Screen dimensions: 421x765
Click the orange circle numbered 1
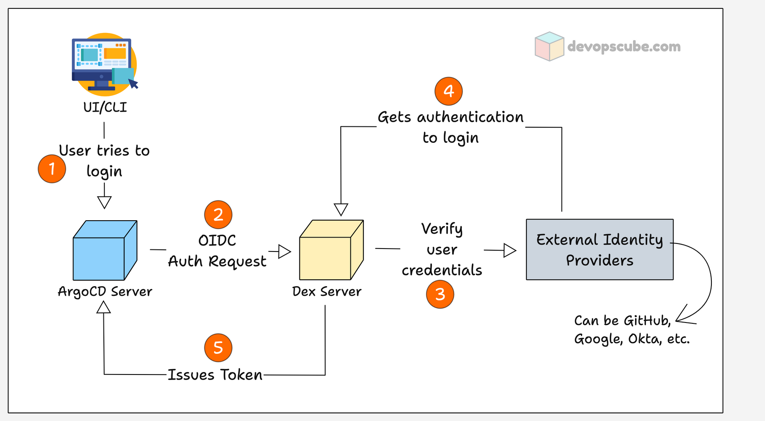(x=52, y=169)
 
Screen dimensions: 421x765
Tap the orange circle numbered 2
(x=218, y=215)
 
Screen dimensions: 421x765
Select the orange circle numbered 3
(x=440, y=294)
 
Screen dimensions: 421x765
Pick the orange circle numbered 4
(x=449, y=91)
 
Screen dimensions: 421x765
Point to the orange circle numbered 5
(x=218, y=348)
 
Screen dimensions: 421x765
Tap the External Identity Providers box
(x=600, y=249)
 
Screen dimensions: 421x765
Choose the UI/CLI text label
(x=105, y=107)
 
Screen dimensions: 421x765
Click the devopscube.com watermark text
(x=624, y=46)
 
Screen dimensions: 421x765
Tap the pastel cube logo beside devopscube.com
(x=549, y=46)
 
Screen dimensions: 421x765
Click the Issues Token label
(x=215, y=375)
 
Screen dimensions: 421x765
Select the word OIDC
(x=217, y=241)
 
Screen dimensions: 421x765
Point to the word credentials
(x=442, y=270)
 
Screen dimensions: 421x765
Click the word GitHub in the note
(x=646, y=321)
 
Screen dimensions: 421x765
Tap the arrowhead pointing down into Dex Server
(x=341, y=209)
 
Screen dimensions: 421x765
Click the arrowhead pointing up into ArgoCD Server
(x=103, y=307)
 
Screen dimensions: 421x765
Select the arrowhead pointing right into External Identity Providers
(x=510, y=250)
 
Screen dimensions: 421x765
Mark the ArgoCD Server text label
(x=105, y=292)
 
